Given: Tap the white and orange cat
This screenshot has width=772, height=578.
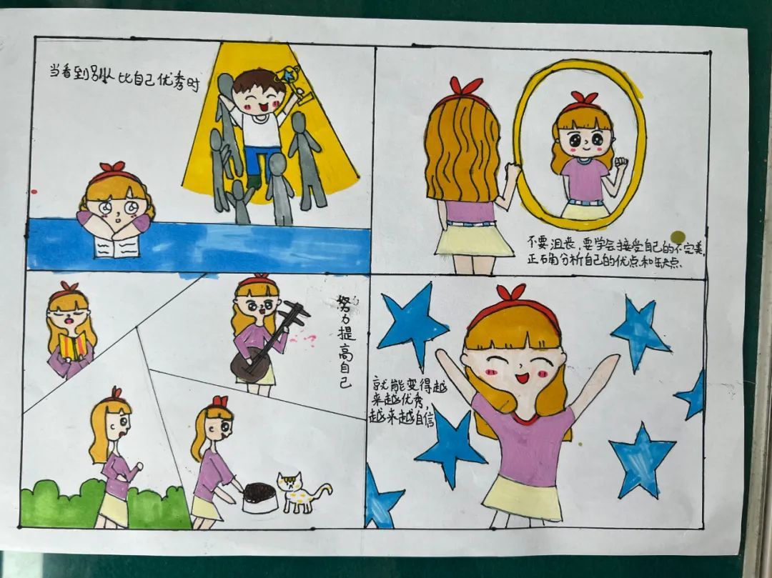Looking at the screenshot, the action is [300, 492].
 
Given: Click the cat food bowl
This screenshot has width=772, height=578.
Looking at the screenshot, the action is [260, 497].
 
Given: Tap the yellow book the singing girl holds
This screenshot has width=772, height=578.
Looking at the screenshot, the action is [74, 347].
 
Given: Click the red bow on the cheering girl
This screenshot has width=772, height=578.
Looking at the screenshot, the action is [512, 293].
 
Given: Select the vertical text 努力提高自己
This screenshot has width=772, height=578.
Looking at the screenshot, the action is [345, 342].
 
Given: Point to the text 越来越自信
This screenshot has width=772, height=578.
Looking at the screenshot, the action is [401, 416].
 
